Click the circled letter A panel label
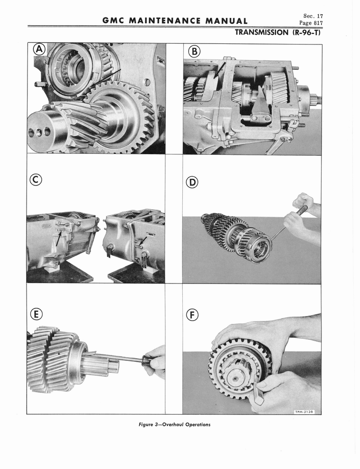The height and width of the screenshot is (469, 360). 39,49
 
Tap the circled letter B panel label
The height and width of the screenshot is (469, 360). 194,52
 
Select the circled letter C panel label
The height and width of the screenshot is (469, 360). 36,180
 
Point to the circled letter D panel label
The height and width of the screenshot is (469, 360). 192,182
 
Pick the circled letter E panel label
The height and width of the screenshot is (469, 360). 36,314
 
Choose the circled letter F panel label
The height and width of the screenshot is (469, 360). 192,315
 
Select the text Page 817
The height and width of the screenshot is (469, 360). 311,23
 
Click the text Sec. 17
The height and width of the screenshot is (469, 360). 313,16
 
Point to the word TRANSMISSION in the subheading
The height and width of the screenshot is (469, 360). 262,33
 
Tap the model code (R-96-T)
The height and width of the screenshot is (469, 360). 306,33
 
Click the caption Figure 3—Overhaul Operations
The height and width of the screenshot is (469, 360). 175,425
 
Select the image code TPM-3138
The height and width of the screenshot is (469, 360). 304,412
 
